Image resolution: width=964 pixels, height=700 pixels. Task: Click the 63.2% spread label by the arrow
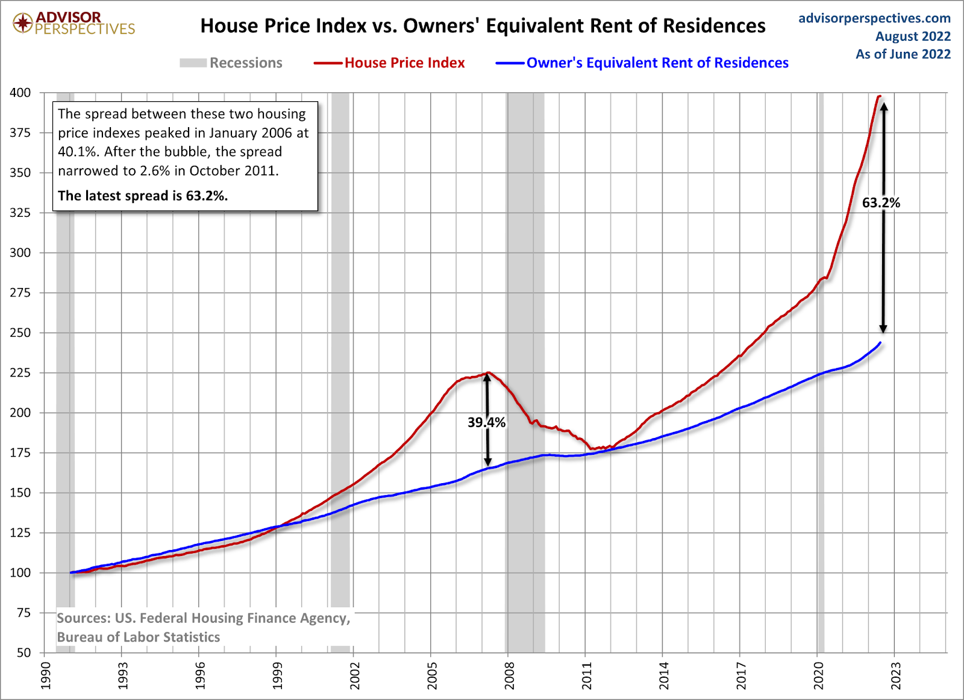coord(881,203)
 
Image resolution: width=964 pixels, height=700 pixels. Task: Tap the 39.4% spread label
coord(486,423)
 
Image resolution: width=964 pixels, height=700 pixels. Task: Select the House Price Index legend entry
coord(404,63)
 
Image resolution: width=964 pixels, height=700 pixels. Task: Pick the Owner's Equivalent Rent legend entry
coord(657,63)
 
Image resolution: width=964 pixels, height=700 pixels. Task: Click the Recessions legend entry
coord(245,63)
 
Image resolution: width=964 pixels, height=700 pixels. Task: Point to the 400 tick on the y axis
coord(20,93)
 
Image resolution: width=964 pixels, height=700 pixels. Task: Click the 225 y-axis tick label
coord(20,373)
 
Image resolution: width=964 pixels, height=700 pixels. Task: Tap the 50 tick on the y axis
coord(23,653)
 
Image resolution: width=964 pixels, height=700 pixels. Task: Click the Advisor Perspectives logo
coord(74,23)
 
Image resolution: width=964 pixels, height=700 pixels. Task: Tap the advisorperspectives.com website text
coord(874,19)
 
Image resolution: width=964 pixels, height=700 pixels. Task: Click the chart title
coord(483,26)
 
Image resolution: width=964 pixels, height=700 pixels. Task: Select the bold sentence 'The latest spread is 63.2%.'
coord(143,196)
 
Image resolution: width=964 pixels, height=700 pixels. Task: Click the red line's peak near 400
coord(879,96)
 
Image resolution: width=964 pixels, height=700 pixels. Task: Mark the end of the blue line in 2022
coord(880,343)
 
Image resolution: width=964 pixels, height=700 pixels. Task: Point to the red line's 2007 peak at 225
coord(487,373)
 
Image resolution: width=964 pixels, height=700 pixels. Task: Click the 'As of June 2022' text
coord(903,54)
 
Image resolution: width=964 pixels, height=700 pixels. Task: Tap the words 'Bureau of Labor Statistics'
coord(139,637)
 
